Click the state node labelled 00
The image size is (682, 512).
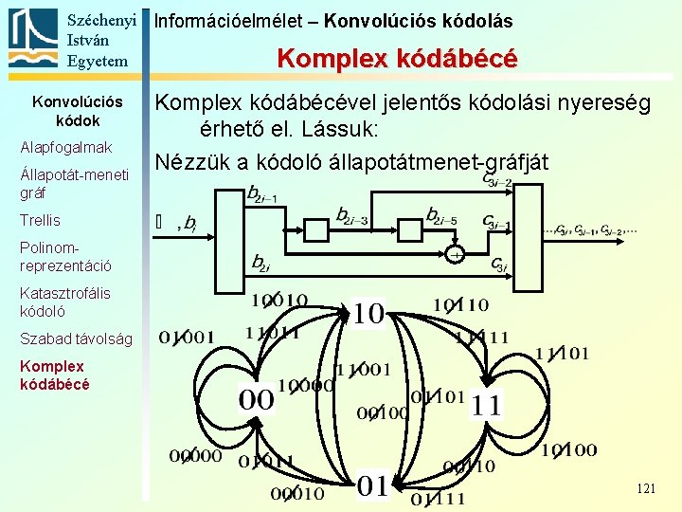255,399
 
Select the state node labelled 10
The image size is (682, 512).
368,314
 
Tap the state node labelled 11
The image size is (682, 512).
487,405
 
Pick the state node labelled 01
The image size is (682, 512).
373,485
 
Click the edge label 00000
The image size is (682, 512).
196,456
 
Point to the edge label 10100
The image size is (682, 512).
569,450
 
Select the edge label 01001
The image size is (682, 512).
187,337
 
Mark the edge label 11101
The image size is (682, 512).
562,354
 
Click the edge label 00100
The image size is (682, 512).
383,412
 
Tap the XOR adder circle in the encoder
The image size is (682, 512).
457,255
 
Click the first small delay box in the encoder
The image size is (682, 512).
316,229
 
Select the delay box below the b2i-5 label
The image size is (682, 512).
409,229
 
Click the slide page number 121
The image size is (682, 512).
646,488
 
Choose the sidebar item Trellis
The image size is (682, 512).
40,220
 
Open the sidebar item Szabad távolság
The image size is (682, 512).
77,338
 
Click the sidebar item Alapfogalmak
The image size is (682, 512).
66,147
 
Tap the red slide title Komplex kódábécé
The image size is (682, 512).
397,59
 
